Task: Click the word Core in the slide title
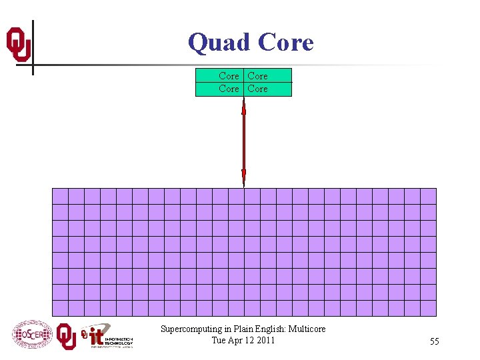pos(285,43)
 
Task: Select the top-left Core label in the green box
pos(229,76)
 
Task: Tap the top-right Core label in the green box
pos(257,76)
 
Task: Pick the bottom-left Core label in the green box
pos(229,89)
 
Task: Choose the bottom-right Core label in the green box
pos(257,89)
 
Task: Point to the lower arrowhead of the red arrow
pos(243,177)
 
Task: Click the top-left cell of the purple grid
pos(60,196)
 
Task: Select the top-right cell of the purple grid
pos(428,196)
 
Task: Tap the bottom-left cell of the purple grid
pos(60,308)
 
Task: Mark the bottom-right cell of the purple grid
pos(428,308)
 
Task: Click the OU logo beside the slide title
pos(19,44)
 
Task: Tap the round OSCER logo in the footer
pos(31,335)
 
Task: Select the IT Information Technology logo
pos(107,337)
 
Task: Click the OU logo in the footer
pos(66,336)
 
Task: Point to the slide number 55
pos(434,342)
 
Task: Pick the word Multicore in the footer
pos(307,329)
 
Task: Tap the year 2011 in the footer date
pos(263,341)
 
